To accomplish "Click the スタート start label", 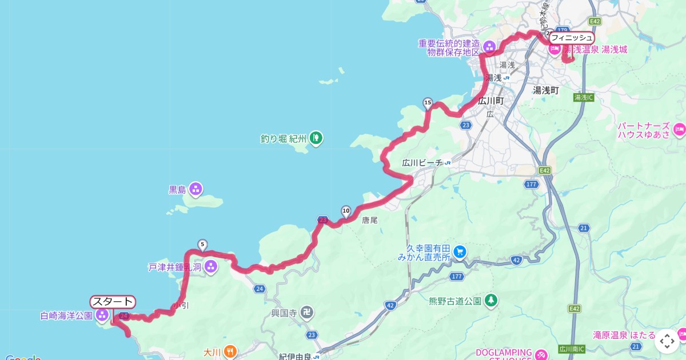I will (113, 302).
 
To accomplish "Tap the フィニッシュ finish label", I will (572, 38).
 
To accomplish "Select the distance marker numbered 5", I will (202, 245).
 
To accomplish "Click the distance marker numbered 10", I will (345, 211).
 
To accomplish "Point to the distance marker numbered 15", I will (428, 103).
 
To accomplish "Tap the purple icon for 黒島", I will (196, 189).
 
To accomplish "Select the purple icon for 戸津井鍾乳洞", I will (211, 266).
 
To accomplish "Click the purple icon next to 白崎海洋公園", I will (102, 315).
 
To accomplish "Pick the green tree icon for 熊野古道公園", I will (490, 300).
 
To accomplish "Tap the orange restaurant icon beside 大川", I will (230, 351).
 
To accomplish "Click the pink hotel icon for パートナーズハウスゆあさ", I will (679, 130).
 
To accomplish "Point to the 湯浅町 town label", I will (545, 90).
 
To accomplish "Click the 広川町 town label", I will (490, 101).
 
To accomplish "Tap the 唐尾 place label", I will (370, 219).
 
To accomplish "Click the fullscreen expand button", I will (667, 341).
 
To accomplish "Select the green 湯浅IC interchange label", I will (584, 98).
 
